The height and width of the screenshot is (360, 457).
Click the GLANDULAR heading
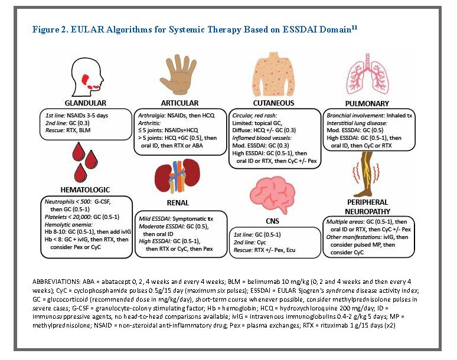coord(86,103)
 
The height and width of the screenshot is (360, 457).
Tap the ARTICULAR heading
coord(179,103)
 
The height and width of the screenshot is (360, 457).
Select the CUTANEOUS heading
coord(273,103)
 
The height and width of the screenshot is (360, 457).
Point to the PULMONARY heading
coord(367,104)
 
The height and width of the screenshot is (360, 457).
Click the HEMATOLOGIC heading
coord(85,190)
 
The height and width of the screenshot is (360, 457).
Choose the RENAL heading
coord(178,202)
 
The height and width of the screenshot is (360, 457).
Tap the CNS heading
coord(273,221)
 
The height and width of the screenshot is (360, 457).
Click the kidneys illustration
coord(178,176)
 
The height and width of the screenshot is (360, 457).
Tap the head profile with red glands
coord(87,76)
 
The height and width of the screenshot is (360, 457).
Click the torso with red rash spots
coord(273,74)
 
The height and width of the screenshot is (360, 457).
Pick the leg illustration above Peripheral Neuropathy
coord(366,174)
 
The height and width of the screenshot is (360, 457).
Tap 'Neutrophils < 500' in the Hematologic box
coord(68,202)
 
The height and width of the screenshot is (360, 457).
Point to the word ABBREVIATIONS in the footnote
coord(56,282)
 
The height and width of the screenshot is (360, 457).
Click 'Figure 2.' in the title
coord(50,30)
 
